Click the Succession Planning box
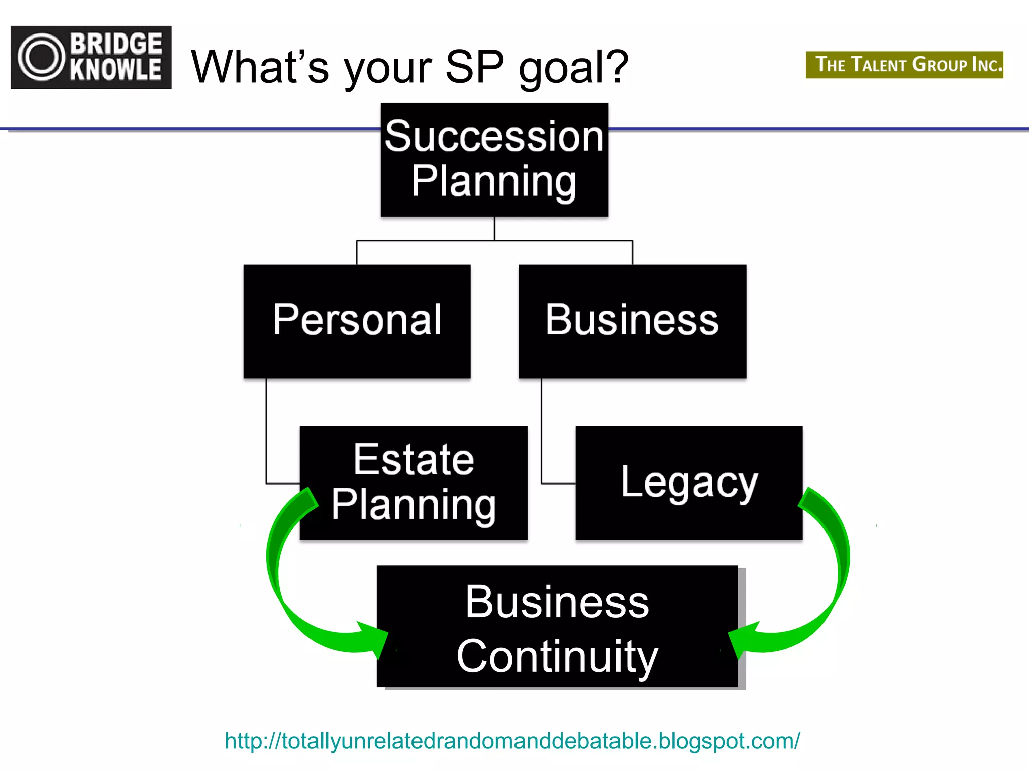pyautogui.click(x=494, y=160)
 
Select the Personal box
pyautogui.click(x=357, y=321)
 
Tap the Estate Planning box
pyautogui.click(x=414, y=482)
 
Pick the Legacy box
pyautogui.click(x=689, y=482)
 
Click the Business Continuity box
pyautogui.click(x=557, y=626)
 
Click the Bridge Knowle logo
pyautogui.click(x=91, y=57)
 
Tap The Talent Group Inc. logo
pyautogui.click(x=904, y=65)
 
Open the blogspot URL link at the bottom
pyautogui.click(x=512, y=741)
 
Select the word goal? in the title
pyautogui.click(x=573, y=68)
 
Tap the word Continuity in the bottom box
pyautogui.click(x=557, y=656)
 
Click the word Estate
pyautogui.click(x=414, y=459)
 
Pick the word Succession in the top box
pyautogui.click(x=494, y=137)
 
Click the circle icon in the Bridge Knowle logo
pyautogui.click(x=42, y=57)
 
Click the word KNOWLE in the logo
pyautogui.click(x=116, y=70)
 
